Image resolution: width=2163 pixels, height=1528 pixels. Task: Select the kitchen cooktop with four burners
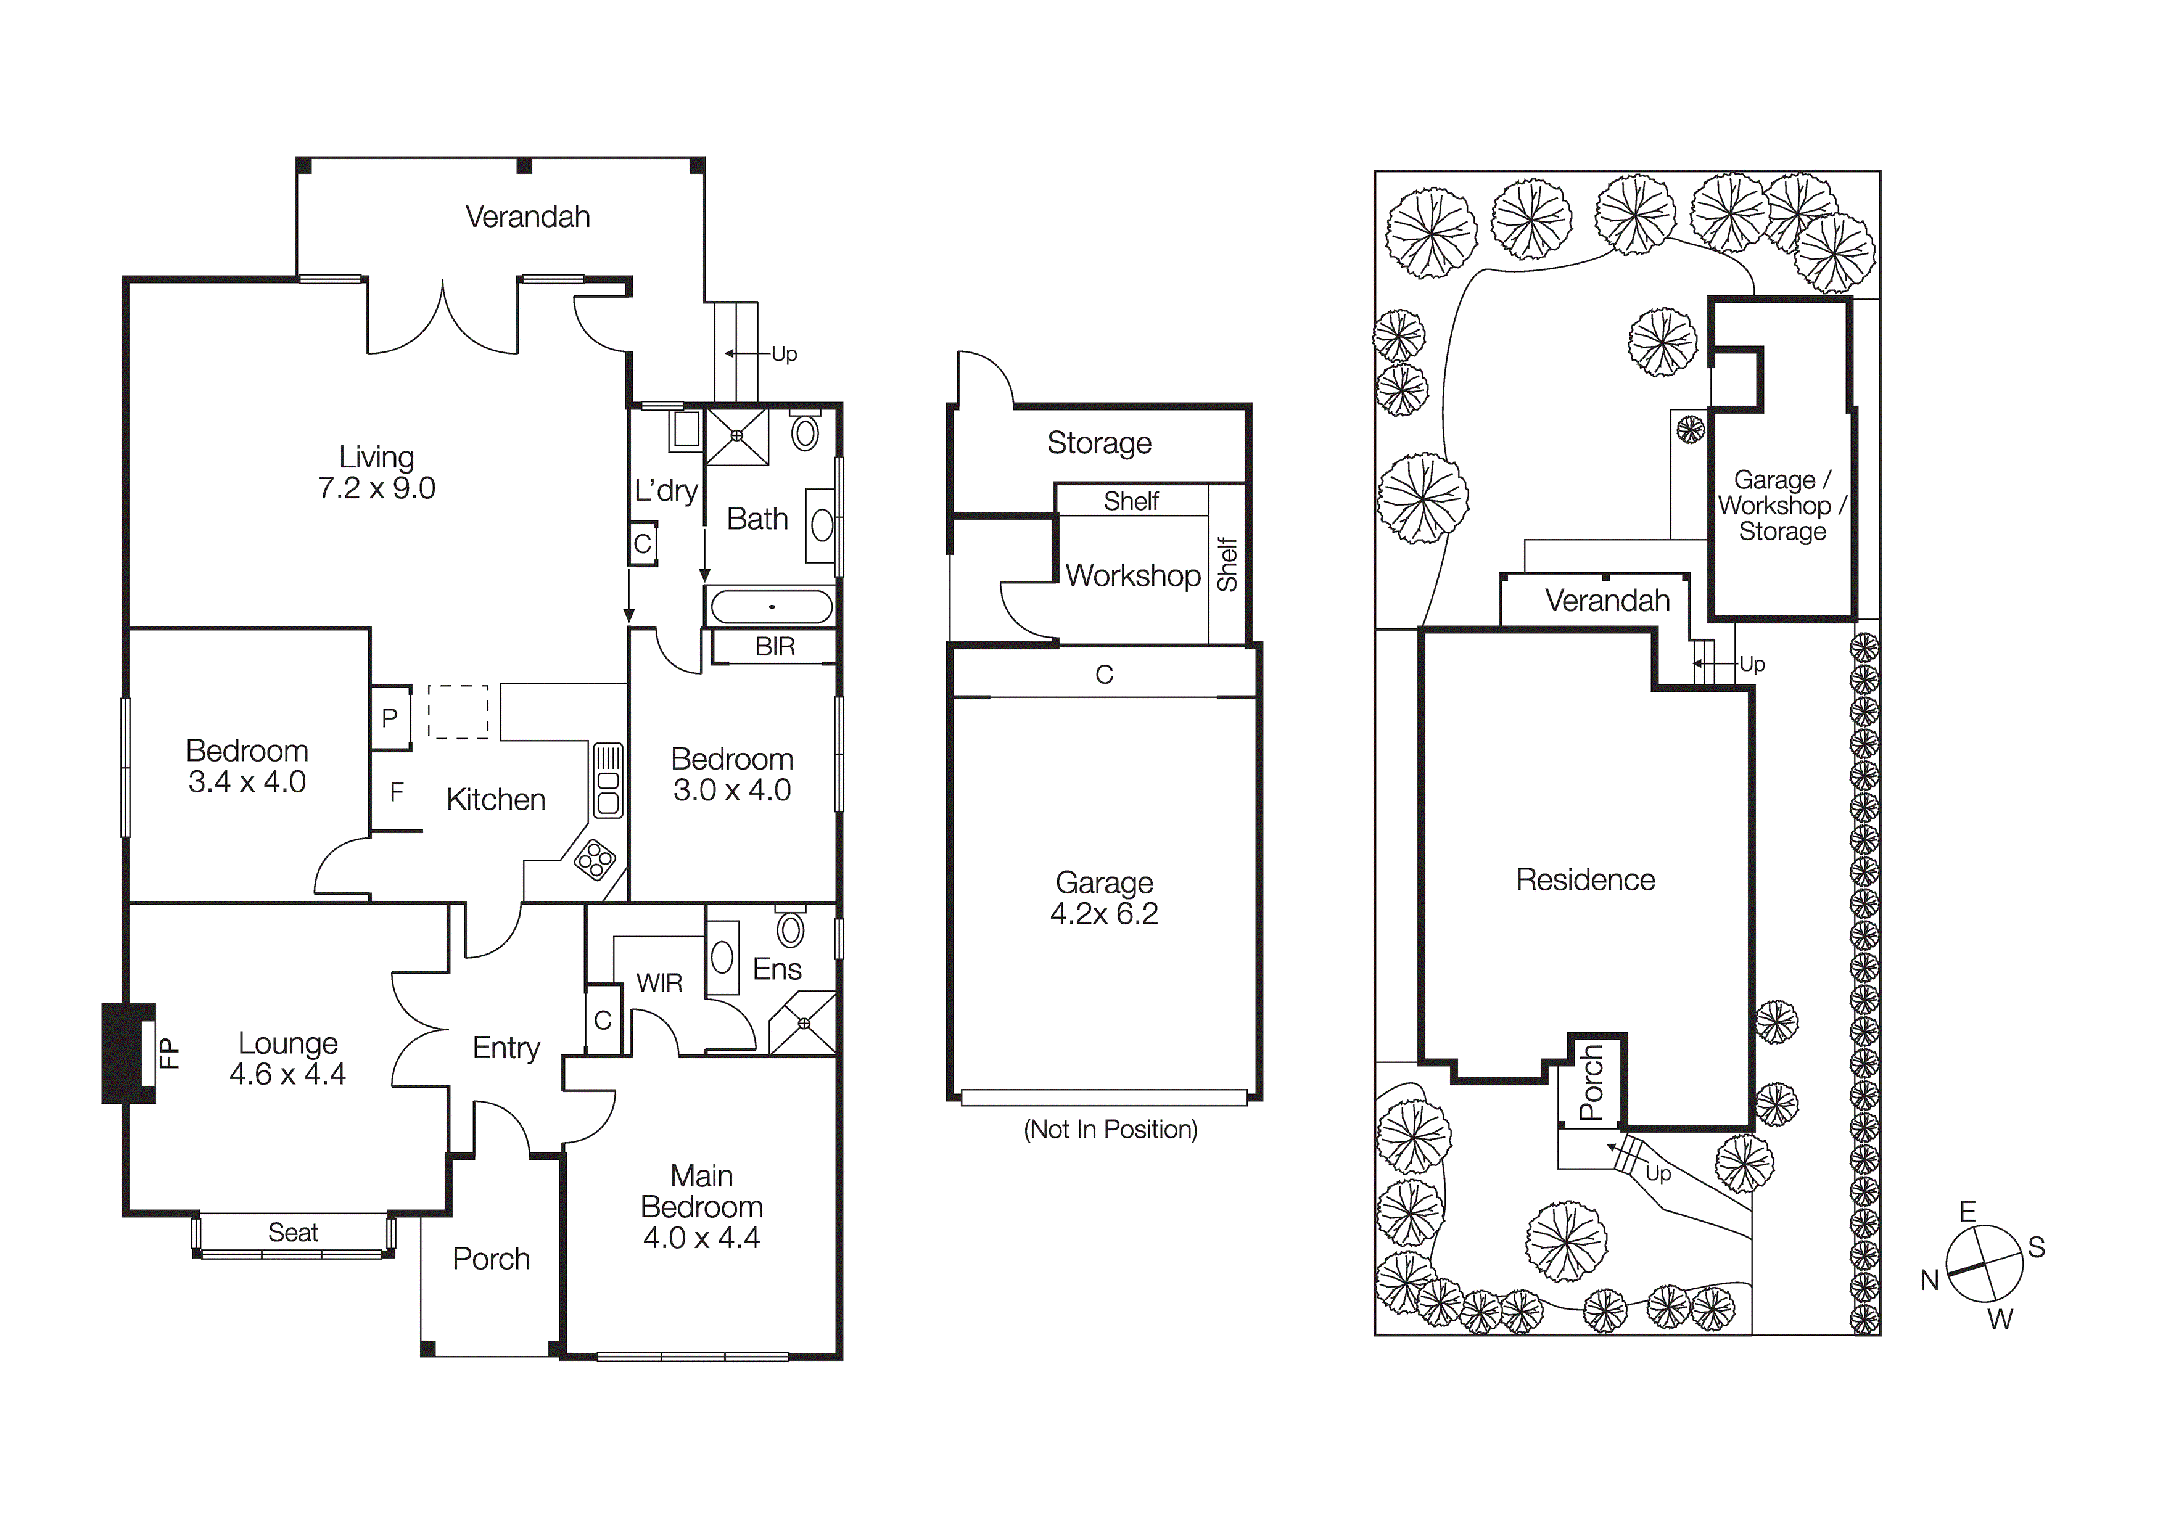(595, 859)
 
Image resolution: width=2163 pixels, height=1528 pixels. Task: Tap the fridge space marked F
(397, 793)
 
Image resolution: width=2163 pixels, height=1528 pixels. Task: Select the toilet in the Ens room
(791, 929)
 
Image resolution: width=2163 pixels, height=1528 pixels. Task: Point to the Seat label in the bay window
(293, 1232)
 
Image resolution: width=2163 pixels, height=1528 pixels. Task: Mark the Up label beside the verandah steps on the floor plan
(784, 354)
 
